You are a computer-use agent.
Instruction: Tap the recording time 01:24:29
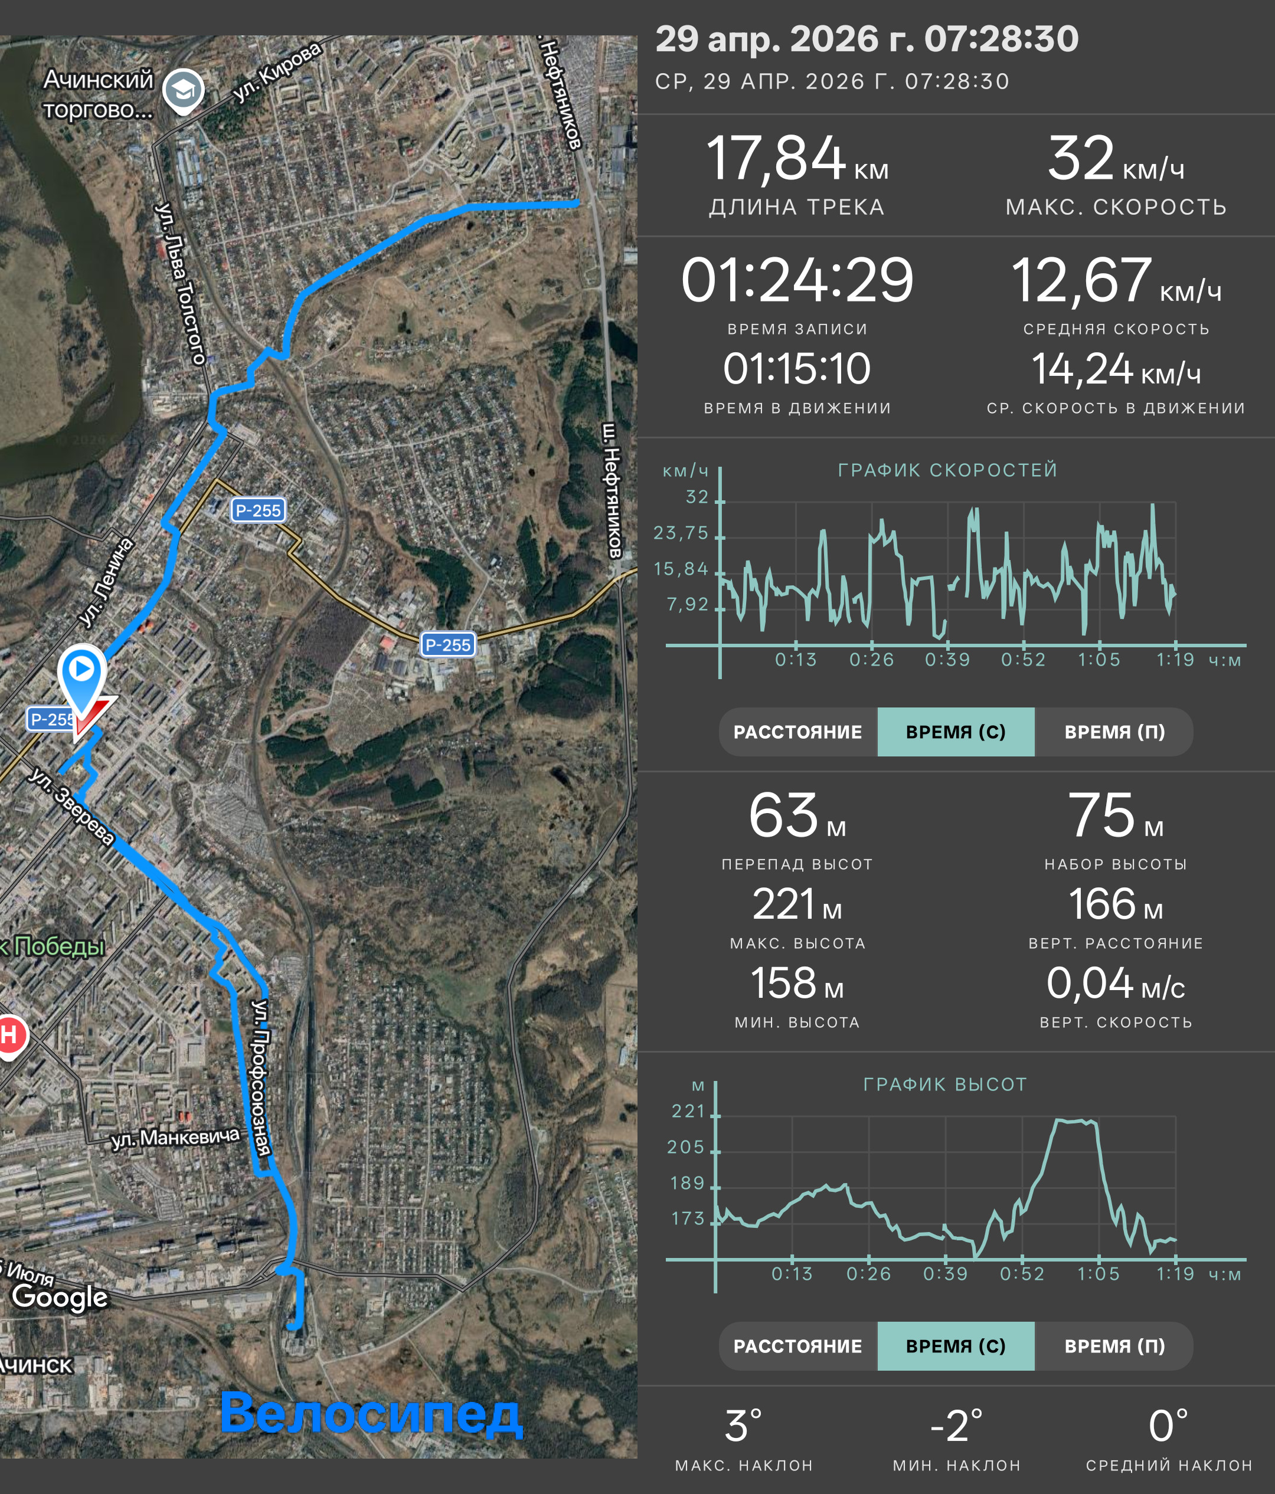click(x=797, y=280)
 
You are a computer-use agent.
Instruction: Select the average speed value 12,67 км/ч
click(x=1116, y=280)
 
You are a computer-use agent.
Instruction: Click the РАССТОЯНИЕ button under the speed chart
click(x=797, y=732)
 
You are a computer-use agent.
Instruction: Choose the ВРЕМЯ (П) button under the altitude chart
click(x=1114, y=1346)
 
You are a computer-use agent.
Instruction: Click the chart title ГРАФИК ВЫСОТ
click(x=944, y=1085)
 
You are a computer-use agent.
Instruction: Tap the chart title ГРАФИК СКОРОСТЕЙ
click(x=947, y=470)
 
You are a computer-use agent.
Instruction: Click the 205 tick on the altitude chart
click(x=686, y=1147)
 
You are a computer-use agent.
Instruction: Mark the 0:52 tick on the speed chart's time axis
click(x=1022, y=660)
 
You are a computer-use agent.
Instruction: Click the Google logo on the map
click(x=60, y=1296)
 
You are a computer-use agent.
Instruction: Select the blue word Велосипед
click(x=371, y=1413)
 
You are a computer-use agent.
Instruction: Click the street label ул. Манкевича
click(x=175, y=1138)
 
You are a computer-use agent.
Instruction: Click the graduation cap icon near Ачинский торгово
click(x=183, y=91)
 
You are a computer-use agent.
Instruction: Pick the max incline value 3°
click(x=744, y=1426)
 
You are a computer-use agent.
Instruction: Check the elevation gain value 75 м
click(x=1116, y=815)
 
